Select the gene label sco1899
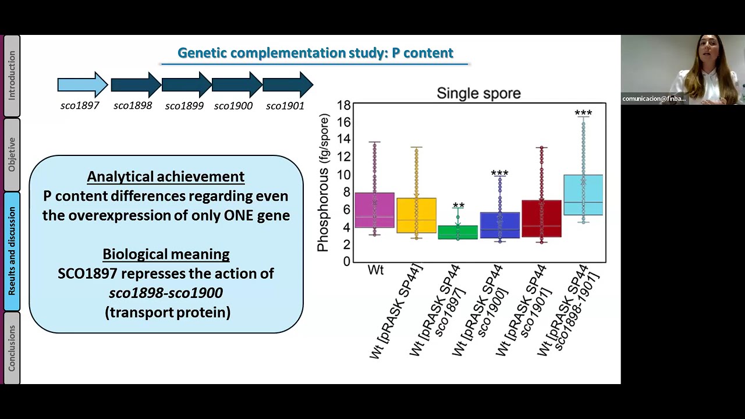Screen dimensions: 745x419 (185, 106)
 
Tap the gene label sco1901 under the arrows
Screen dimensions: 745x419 (285, 106)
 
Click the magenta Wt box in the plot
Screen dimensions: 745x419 (374, 210)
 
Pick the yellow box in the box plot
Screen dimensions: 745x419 (416, 215)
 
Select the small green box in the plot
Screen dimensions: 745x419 (458, 232)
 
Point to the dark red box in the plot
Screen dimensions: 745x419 (541, 218)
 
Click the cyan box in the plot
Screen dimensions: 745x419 (583, 195)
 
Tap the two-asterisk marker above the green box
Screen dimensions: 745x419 (458, 205)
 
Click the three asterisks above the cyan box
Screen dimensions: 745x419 (583, 113)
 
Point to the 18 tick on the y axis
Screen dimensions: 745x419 (343, 105)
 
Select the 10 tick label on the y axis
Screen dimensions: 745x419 (343, 175)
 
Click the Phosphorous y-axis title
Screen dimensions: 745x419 (323, 183)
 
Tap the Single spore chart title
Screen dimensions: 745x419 (478, 93)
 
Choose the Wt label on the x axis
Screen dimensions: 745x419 (375, 269)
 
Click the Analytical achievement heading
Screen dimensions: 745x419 (166, 176)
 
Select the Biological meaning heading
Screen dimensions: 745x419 (166, 254)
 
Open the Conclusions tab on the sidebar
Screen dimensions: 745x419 (12, 348)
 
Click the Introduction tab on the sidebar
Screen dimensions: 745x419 (12, 76)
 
